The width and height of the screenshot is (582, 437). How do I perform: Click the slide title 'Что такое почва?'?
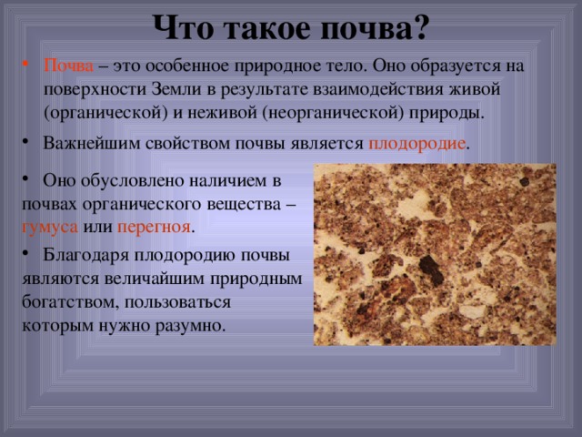[x=291, y=27]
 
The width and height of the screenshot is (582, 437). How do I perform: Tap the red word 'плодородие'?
[x=416, y=146]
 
